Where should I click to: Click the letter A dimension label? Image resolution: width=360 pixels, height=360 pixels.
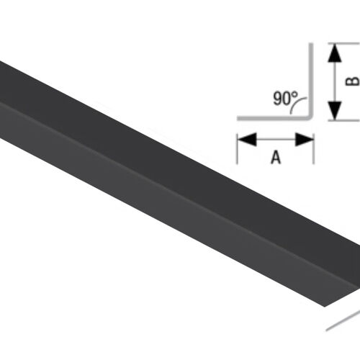[x=275, y=158]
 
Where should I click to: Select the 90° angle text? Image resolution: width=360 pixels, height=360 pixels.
[x=285, y=98]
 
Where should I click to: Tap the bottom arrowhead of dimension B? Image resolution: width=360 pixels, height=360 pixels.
[x=333, y=112]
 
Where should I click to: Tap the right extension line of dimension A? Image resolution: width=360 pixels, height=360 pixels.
[x=313, y=148]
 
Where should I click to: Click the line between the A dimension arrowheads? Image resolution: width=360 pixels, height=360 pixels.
[x=275, y=139]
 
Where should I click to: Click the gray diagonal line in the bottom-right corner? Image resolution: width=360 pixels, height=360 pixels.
[x=342, y=320]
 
